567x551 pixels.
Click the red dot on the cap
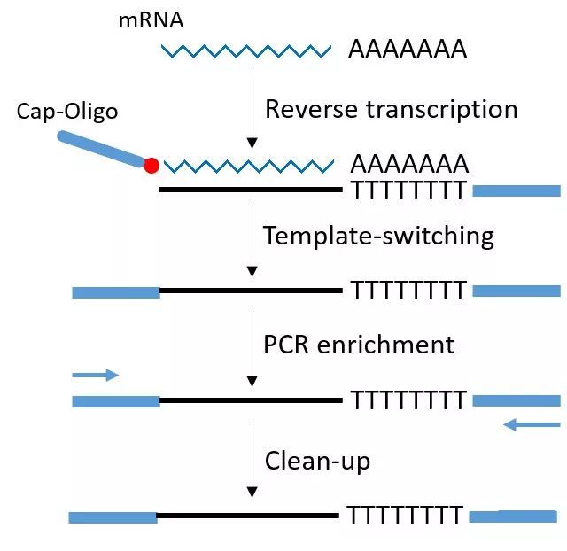pos(151,165)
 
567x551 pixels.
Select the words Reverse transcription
pos(392,109)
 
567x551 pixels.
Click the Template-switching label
pos(378,236)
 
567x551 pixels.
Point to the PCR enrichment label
pos(359,344)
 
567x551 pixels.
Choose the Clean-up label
pos(317,461)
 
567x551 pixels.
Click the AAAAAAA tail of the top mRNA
pos(407,50)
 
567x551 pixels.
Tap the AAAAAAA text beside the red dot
pos(409,164)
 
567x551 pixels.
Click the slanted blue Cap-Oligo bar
pos(102,149)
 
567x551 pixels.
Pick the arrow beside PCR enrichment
pos(252,346)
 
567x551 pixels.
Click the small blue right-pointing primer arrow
pos(95,376)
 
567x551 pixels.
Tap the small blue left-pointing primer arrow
pos(532,425)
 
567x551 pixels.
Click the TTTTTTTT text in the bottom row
pos(404,516)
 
